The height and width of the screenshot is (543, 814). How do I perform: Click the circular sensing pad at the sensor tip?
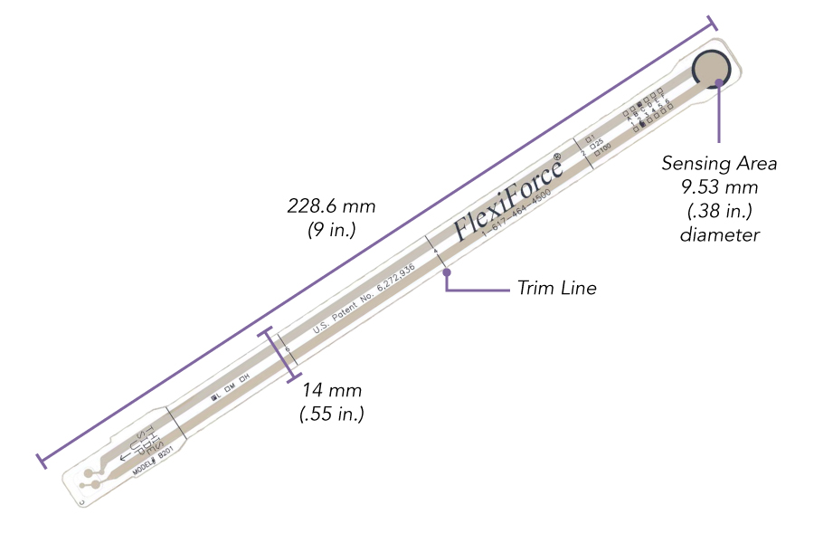[x=713, y=70]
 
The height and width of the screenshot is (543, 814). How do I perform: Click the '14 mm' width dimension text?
[x=332, y=391]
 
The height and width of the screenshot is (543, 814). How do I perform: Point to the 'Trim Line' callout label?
[x=556, y=289]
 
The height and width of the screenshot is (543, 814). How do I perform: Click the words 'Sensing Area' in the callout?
[x=719, y=164]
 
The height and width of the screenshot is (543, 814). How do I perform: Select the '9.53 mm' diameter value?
[x=719, y=187]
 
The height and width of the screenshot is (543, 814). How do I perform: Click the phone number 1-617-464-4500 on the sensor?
[x=516, y=216]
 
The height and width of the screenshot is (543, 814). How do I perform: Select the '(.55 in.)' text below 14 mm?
[x=332, y=414]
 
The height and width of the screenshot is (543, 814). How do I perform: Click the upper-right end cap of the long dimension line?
[x=714, y=22]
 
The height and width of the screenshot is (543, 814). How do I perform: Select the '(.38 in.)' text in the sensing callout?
[x=719, y=211]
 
